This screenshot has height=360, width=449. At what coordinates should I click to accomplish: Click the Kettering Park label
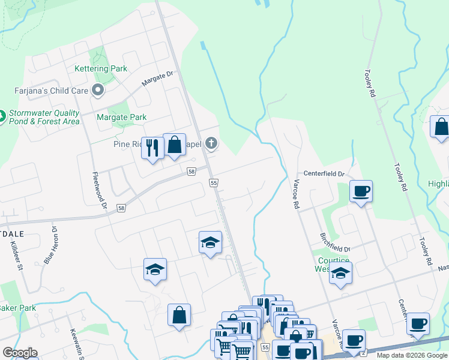pos(101,69)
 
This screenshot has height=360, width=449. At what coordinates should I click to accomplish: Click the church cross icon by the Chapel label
pos(210,143)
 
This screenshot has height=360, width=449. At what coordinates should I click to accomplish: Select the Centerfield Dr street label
pos(323,173)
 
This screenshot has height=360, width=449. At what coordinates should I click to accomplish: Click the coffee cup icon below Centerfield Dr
pos(361,191)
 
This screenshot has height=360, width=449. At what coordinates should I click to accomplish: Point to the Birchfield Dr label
pos(334,242)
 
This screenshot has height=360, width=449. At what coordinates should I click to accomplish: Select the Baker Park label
pos(17,308)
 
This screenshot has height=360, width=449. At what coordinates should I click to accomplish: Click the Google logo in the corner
pos(20,353)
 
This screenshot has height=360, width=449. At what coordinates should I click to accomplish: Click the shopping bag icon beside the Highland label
pos(441,127)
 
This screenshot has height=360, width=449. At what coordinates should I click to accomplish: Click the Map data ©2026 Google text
pos(412,355)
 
